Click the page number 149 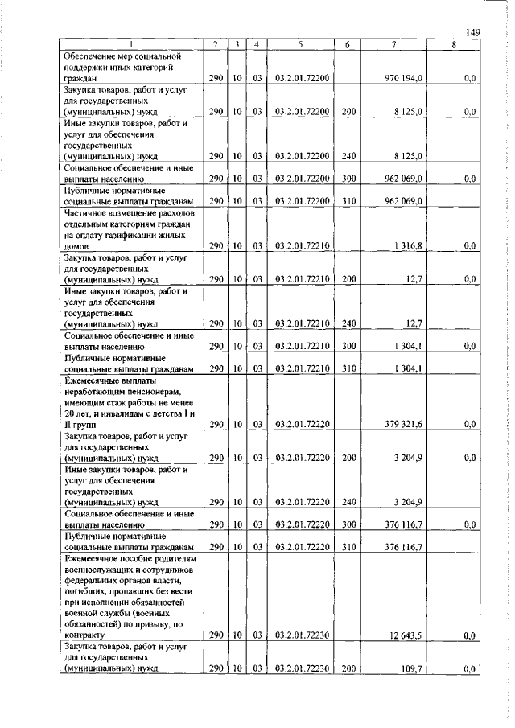[x=472, y=31]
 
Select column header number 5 [x=299, y=45]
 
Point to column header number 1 [x=131, y=45]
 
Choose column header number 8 [x=454, y=45]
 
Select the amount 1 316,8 [x=410, y=245]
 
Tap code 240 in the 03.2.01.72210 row [x=348, y=323]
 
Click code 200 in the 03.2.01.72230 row [x=348, y=668]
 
